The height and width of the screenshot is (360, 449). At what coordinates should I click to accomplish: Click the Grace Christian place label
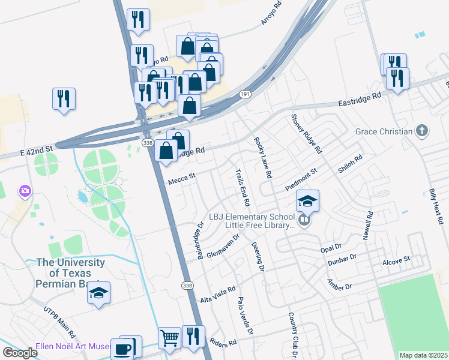tap(384, 131)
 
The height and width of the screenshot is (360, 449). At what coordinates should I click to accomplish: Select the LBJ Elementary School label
tap(252, 217)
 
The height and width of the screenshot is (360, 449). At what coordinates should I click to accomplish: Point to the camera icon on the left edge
tap(25, 191)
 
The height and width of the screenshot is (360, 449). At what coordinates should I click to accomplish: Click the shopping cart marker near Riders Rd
tap(170, 338)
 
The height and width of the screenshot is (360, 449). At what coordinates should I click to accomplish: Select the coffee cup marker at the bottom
tap(123, 349)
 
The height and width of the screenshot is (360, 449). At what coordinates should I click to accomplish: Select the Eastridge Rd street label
tap(360, 97)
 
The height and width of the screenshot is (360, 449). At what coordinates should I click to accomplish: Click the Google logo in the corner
tap(20, 353)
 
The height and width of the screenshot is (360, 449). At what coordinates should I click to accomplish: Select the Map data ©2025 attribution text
tap(423, 355)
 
